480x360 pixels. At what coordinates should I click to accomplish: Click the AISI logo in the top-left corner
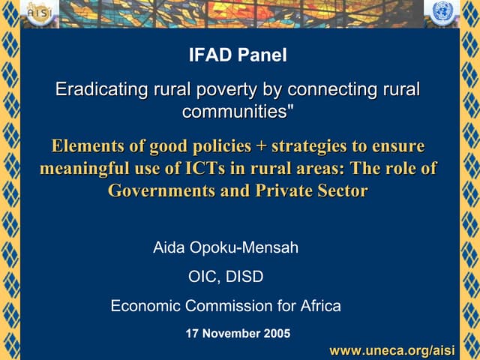tap(37, 13)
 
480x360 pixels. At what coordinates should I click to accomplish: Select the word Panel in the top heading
tap(262, 55)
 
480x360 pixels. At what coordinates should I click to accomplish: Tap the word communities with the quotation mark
tap(238, 113)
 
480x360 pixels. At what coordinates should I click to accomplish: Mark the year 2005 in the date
tap(277, 334)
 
